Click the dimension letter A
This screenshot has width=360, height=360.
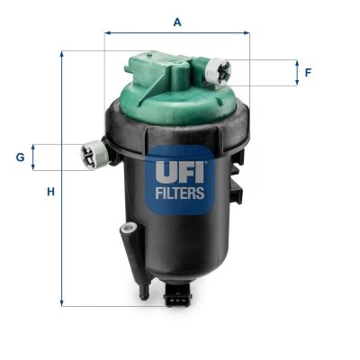coord(177,21)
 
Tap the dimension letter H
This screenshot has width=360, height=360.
coord(50,192)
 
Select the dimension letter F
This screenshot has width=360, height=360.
coord(308,73)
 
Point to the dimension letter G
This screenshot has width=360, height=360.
coord(20,157)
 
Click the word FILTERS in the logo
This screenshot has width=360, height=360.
coord(179,192)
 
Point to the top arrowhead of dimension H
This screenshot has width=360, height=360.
coord(62,54)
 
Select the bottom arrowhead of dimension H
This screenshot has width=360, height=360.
coord(62,303)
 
